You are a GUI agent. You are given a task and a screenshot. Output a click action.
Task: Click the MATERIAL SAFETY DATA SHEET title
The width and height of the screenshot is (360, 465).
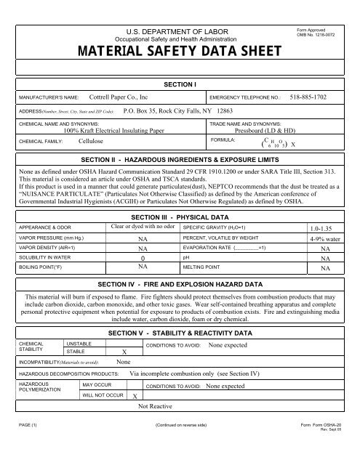click(x=180, y=52)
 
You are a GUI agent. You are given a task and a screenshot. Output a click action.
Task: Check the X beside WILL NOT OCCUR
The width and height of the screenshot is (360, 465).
click(x=136, y=397)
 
